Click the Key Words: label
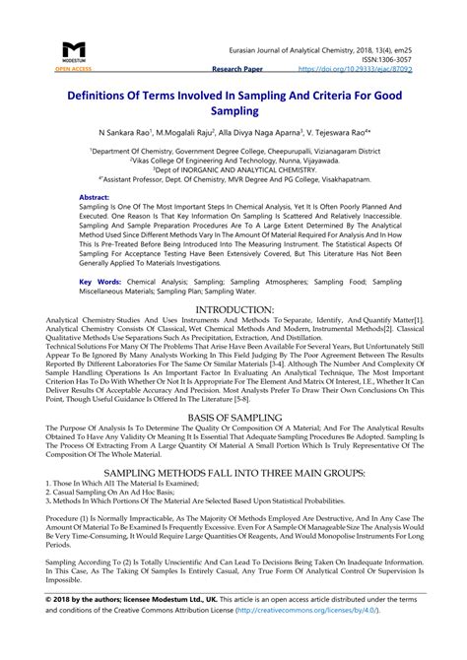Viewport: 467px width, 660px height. [100, 281]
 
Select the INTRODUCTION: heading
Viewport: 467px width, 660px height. [233, 309]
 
